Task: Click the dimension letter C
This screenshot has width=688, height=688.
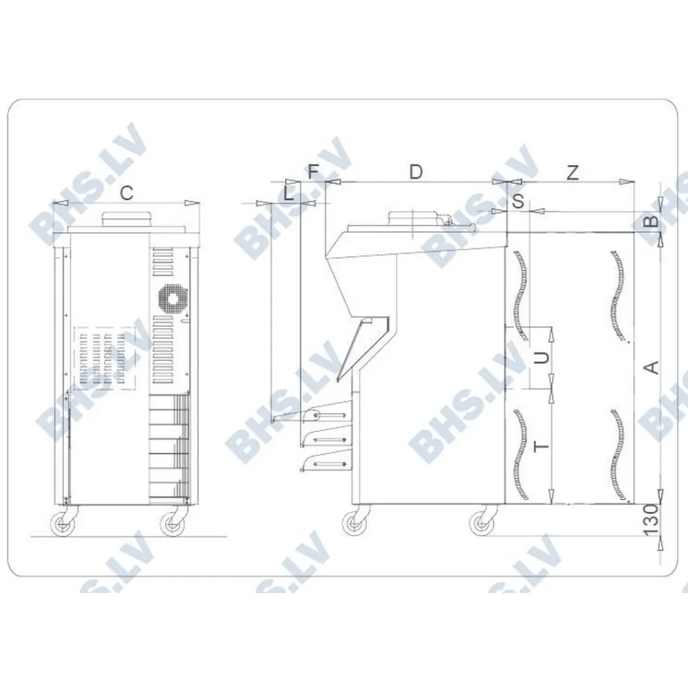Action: (x=127, y=193)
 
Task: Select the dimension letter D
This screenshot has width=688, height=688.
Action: (x=416, y=172)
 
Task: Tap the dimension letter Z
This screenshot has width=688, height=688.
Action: (x=572, y=173)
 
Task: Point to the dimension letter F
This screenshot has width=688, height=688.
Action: (x=314, y=172)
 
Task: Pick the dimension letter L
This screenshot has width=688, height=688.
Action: (x=289, y=193)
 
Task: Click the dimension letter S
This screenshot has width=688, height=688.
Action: (x=518, y=202)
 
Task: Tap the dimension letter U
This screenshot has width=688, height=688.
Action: (x=543, y=358)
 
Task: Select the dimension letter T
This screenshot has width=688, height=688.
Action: (x=543, y=446)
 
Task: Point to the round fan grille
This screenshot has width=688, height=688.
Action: (x=171, y=299)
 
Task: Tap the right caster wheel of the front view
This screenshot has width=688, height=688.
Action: (x=172, y=525)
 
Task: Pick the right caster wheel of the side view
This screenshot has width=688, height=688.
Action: (x=482, y=525)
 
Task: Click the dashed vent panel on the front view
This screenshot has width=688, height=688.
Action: (x=103, y=358)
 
